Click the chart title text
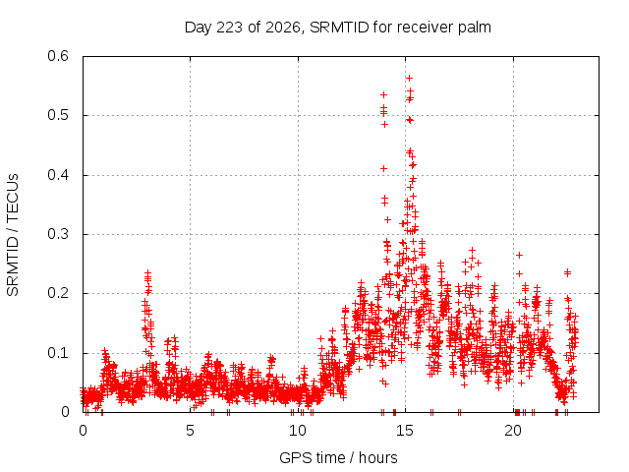pos(338,28)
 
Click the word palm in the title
pos(476,28)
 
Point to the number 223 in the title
pos(230,28)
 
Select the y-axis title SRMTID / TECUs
pos(13,235)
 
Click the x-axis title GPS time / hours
pos(338,457)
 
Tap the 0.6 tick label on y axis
pos(58,56)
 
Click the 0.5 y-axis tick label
pos(58,115)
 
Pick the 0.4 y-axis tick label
pos(58,175)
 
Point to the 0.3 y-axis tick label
pos(58,234)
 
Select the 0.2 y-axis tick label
pos(58,293)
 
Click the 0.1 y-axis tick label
pos(58,353)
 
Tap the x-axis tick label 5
pos(190,431)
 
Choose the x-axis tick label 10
pos(298,431)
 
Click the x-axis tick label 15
pos(405,431)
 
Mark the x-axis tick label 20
pos(513,431)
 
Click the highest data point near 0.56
pos(409,79)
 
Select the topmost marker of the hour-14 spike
pos(383,94)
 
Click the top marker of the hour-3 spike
pos(147,273)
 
